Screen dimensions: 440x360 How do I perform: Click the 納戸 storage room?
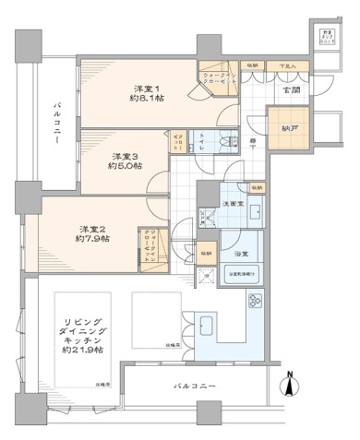click(x=282, y=121)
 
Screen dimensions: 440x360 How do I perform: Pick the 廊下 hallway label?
click(x=254, y=143)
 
